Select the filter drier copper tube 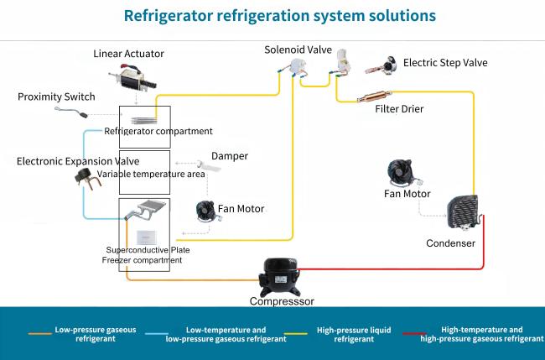(375, 97)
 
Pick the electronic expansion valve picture (86, 178)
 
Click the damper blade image (205, 169)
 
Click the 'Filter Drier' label (400, 109)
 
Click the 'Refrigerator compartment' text (158, 131)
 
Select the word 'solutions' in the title (396, 16)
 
